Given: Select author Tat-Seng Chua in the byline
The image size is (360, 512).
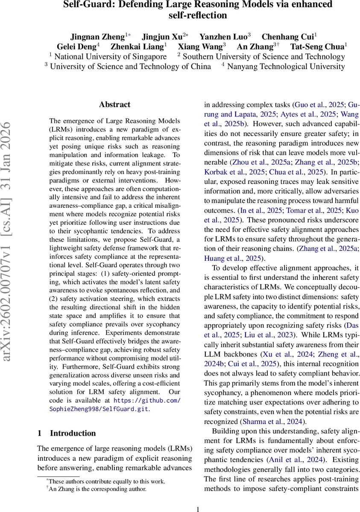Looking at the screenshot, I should click(x=316, y=47).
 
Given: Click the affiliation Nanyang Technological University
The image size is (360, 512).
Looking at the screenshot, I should click(x=286, y=66).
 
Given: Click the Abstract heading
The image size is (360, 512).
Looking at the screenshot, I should click(x=114, y=104).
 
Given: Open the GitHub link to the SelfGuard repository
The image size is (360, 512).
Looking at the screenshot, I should click(x=147, y=404).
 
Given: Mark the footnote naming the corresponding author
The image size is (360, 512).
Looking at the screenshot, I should click(x=98, y=489).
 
